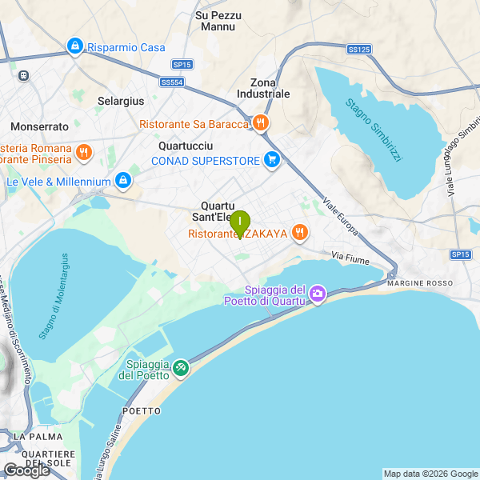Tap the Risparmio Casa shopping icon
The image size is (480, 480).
click(x=75, y=47)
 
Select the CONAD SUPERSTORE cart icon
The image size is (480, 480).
click(x=272, y=160)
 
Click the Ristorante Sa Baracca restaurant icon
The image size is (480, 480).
click(x=261, y=123)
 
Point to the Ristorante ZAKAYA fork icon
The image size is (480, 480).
click(x=300, y=233)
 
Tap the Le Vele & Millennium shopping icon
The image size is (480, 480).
click(x=122, y=182)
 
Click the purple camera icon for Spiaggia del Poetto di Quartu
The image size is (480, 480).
click(x=318, y=294)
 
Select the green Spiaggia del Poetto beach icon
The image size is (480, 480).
click(x=182, y=367)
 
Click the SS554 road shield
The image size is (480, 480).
click(x=171, y=82)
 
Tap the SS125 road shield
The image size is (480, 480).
click(x=359, y=50)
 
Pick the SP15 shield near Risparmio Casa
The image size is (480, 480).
click(x=182, y=64)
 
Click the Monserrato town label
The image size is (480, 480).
click(x=40, y=126)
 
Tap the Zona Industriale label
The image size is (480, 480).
click(x=264, y=88)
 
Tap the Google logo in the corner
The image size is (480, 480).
click(x=26, y=470)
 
